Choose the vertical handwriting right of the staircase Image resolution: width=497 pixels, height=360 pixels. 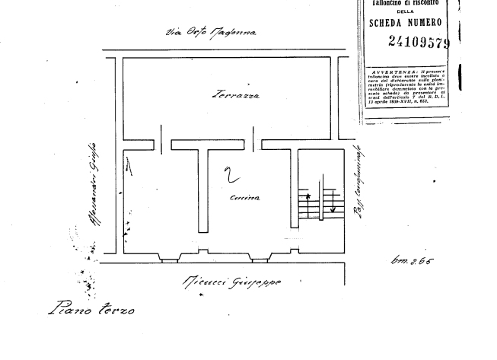click(x=357, y=186)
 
